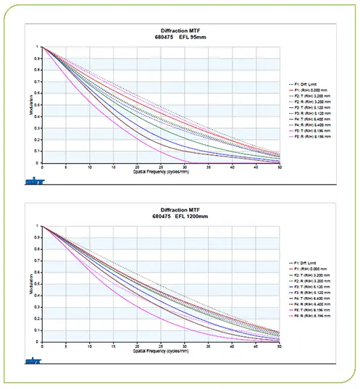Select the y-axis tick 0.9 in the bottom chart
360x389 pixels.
(38, 238)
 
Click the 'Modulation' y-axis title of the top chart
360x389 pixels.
(30, 105)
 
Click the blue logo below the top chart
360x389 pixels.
(33, 175)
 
